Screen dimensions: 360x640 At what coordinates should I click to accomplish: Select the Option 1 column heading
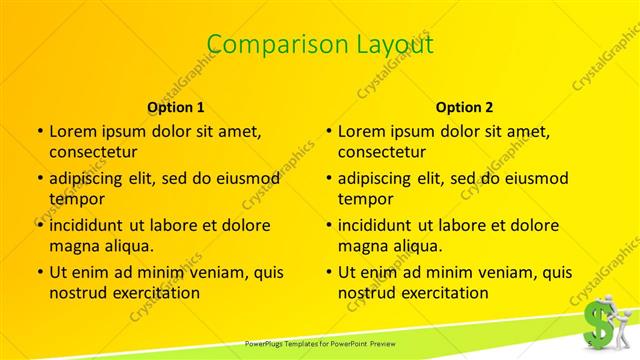[x=176, y=107]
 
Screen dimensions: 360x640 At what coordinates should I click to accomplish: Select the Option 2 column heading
[x=465, y=107]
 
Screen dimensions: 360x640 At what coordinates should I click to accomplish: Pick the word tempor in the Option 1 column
[x=73, y=199]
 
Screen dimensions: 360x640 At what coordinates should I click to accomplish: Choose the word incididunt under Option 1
[x=88, y=225]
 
